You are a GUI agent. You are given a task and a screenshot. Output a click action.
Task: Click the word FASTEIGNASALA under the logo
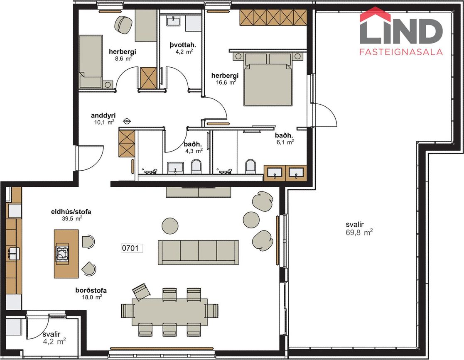point(401,52)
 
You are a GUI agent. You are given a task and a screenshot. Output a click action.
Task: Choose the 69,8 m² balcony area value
point(359,232)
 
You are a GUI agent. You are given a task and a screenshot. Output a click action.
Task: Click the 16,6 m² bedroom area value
point(226,82)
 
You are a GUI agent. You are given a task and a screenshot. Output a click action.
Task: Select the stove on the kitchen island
point(62,253)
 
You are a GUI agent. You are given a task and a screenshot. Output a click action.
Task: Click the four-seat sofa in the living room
point(199,252)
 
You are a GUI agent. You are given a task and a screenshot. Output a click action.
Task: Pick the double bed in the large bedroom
point(268,79)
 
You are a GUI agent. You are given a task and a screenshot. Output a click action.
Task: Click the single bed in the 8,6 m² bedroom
point(91,61)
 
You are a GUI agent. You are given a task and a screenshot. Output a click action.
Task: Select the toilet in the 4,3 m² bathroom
point(196,166)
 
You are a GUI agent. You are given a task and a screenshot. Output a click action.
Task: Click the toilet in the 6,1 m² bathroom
point(250,166)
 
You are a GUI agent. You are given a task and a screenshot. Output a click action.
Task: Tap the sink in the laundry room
point(173,21)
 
